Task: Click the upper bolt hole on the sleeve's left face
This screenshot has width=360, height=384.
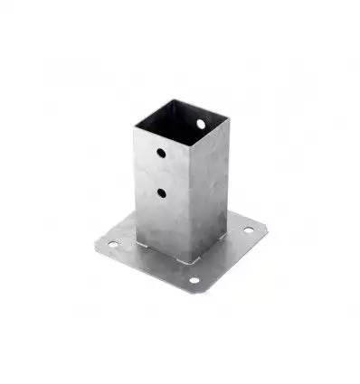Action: pos(160,153)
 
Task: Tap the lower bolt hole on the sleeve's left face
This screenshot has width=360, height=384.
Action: pos(160,192)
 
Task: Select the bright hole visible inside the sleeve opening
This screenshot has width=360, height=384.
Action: pos(201,123)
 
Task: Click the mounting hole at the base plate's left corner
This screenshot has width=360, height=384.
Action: pos(112,243)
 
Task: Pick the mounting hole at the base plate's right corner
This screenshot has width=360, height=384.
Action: pos(249,230)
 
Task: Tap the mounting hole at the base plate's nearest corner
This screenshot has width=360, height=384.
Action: pos(194,280)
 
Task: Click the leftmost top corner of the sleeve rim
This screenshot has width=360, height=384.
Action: pos(134,126)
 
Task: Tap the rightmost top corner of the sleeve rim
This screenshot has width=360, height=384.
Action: pos(228,117)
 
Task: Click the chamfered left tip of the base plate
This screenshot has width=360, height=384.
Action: pos(96,243)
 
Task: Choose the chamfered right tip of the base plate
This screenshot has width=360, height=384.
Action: pos(262,226)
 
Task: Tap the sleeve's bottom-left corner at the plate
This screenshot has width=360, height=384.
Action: pos(137,241)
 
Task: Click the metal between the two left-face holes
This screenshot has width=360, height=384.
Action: pos(160,173)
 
